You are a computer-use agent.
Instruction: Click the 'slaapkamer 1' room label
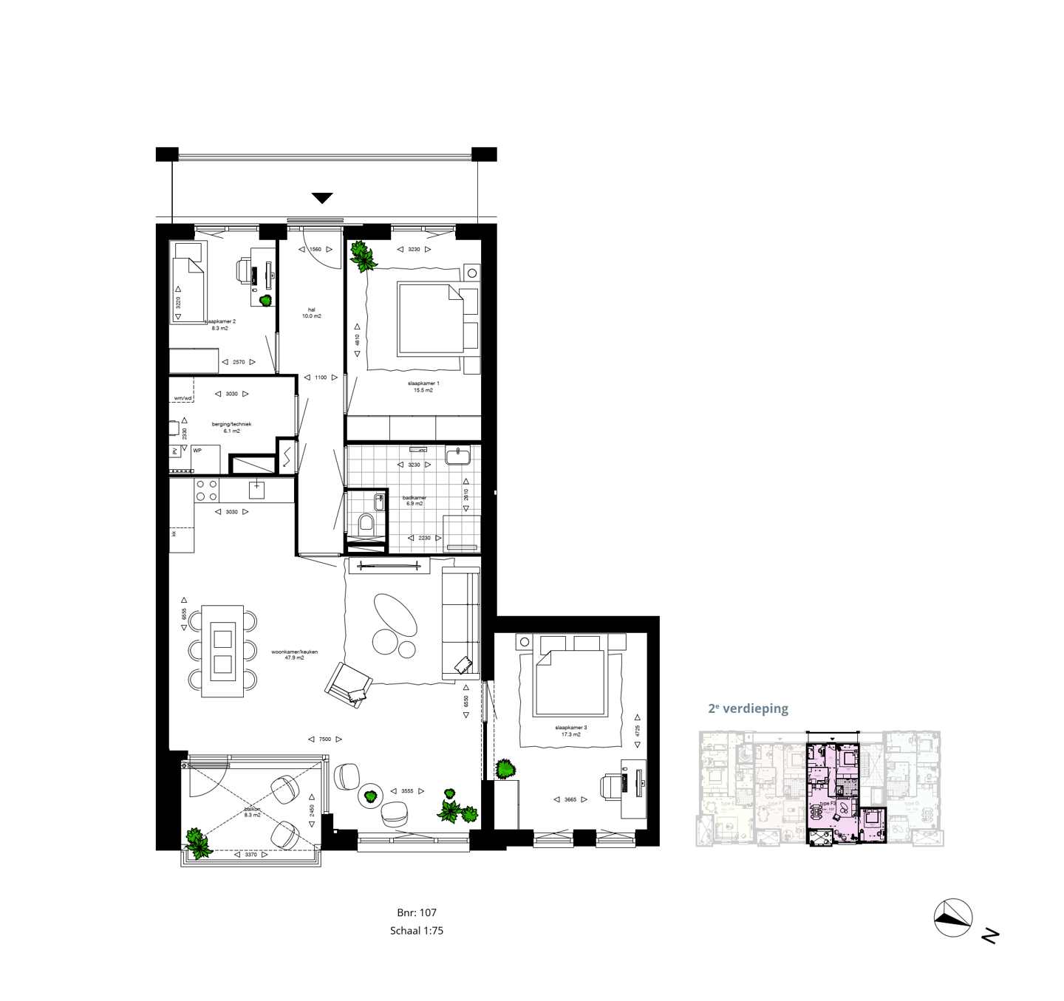(x=423, y=383)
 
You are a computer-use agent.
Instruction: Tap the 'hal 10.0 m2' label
(x=311, y=313)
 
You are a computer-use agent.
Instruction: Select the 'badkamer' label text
(x=414, y=498)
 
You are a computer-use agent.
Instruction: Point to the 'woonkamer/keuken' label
(x=294, y=652)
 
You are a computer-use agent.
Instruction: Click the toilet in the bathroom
(x=366, y=525)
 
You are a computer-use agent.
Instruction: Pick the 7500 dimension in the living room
(x=325, y=739)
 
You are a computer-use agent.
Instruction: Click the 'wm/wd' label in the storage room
(x=183, y=398)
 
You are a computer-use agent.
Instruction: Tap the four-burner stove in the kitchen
(x=206, y=490)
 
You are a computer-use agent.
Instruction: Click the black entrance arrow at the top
(x=322, y=198)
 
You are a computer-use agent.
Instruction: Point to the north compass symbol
(x=953, y=918)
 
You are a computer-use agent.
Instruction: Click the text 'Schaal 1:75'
(x=417, y=931)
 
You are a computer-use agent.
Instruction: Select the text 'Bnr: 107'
(x=417, y=912)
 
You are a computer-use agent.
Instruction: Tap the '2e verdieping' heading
(x=748, y=708)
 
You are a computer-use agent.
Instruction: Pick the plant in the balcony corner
(x=198, y=843)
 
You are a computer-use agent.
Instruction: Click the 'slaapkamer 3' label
(x=571, y=728)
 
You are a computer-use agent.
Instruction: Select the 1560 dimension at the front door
(x=316, y=250)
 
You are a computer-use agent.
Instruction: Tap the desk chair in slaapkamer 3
(x=613, y=787)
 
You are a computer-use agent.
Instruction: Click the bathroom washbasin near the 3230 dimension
(x=459, y=455)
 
